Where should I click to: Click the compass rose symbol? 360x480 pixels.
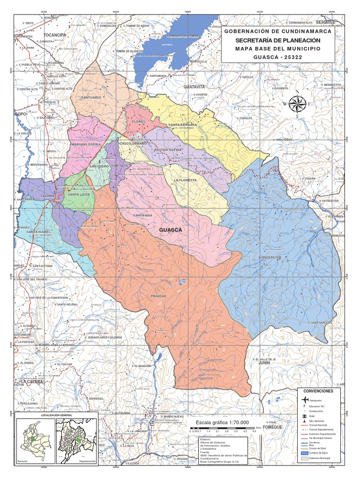point(296,104)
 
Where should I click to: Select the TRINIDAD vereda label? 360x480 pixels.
point(158,297)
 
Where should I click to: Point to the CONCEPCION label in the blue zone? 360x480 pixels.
point(270,258)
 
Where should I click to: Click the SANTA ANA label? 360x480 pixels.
point(142,215)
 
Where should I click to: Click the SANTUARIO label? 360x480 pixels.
point(91,97)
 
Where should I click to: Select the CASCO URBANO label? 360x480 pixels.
point(133,143)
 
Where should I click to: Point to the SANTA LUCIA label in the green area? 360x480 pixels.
point(79,194)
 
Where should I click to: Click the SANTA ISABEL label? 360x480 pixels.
point(38,232)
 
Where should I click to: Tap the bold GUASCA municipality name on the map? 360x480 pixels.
point(170,230)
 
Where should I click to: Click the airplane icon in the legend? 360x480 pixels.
point(305,399)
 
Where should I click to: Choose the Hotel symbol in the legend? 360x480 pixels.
point(305,416)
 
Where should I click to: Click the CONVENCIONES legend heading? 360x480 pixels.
point(318,390)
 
